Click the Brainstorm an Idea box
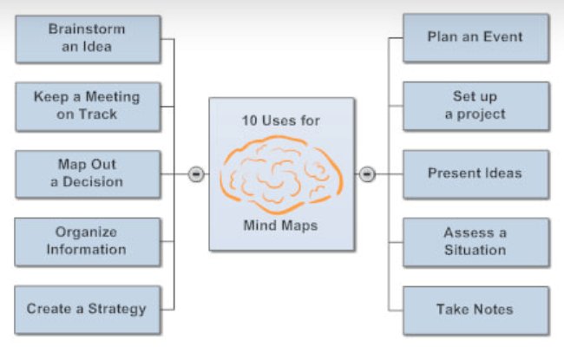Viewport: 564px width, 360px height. click(87, 37)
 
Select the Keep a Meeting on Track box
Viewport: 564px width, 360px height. click(87, 105)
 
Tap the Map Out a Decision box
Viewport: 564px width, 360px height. click(87, 173)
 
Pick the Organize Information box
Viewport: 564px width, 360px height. click(87, 241)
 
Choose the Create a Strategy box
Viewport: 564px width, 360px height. click(87, 309)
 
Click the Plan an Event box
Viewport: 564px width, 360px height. click(475, 37)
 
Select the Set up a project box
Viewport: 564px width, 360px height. click(475, 105)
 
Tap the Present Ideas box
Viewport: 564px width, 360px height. click(475, 173)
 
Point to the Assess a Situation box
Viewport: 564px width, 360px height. click(475, 241)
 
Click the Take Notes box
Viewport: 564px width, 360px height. click(475, 309)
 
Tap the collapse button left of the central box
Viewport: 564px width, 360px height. click(196, 174)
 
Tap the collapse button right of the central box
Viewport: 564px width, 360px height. click(367, 174)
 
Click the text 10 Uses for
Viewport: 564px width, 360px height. click(281, 121)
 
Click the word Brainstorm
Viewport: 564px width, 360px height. click(87, 29)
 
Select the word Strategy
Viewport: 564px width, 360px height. click(117, 309)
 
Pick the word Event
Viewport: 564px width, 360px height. click(504, 37)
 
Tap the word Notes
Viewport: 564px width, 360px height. click(493, 309)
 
